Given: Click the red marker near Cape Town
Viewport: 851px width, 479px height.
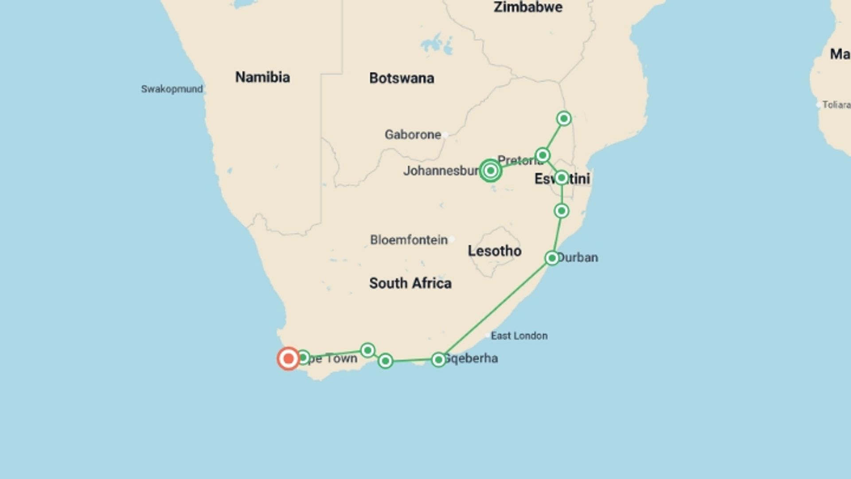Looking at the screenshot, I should (289, 358).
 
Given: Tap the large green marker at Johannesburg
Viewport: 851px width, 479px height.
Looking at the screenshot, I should (490, 171).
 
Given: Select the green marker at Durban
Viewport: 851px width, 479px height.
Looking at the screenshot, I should (552, 258).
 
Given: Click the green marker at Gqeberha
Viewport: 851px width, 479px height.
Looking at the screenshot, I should (438, 360).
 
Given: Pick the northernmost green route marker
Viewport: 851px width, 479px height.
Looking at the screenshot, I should (564, 118).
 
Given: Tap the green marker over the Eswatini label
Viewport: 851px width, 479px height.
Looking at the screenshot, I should (562, 178).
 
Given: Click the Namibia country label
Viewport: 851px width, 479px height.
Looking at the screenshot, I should (262, 77).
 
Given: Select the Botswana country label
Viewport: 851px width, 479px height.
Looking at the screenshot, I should (402, 79).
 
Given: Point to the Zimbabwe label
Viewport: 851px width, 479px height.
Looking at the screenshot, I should (528, 7).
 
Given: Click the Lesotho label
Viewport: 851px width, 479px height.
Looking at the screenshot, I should (494, 251).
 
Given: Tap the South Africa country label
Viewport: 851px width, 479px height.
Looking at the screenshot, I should (410, 283).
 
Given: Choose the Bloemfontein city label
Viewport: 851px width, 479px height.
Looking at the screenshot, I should (409, 240).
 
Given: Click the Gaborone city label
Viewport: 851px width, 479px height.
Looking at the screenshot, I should (413, 135).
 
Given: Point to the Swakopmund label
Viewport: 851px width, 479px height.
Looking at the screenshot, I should (172, 89).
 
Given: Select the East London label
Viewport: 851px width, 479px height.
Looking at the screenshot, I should (519, 336).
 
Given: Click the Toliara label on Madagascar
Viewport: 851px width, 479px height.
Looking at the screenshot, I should (836, 105).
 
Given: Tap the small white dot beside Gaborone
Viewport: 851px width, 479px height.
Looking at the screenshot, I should (445, 135).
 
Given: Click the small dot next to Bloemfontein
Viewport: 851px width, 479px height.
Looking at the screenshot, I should (452, 239).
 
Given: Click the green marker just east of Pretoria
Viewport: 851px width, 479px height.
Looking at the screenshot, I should (543, 155).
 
